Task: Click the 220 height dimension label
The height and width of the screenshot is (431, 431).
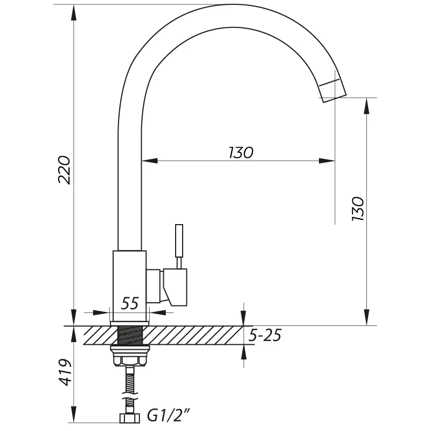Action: pos(64,170)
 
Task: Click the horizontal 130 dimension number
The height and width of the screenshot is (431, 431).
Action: pos(241,152)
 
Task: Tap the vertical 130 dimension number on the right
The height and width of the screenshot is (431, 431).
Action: pos(358,208)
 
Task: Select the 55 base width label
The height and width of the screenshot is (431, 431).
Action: pos(130,303)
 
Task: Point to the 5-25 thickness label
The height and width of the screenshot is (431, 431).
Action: pos(265,335)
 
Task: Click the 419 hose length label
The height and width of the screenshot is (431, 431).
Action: pos(65,372)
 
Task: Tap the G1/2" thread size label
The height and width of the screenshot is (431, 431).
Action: pos(169,415)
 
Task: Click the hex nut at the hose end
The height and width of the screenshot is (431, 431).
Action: pos(130,418)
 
